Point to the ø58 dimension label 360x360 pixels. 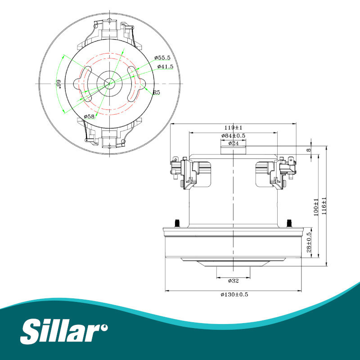pos(89,117)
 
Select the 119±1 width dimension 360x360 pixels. pos(234,127)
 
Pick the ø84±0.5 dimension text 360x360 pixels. pos(233,136)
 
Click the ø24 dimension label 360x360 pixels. pos(233,144)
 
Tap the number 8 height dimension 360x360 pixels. pos(309,150)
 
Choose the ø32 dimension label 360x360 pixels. pos(233,281)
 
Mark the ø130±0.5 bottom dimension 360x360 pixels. pos(234,294)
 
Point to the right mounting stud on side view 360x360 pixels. pos(290,222)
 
